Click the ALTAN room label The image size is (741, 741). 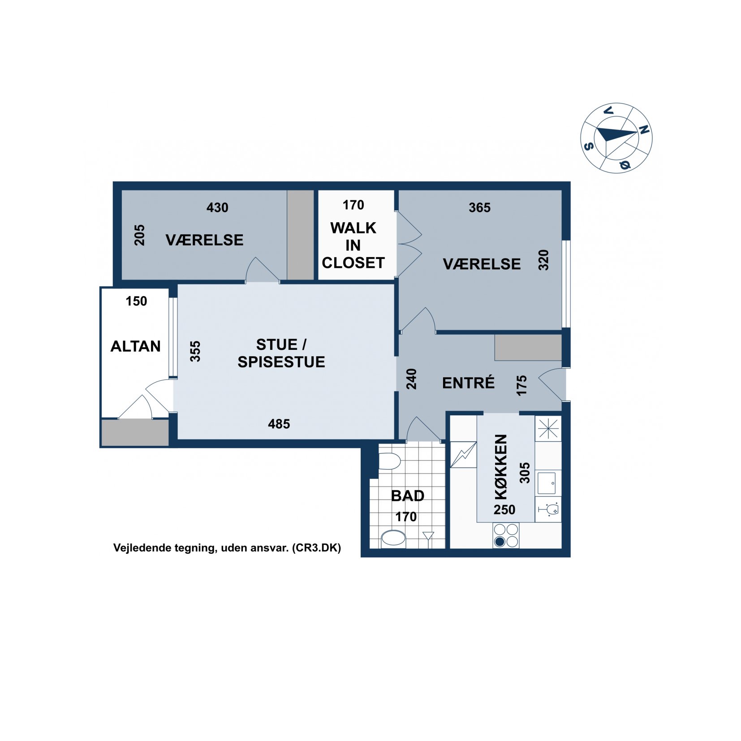(135, 346)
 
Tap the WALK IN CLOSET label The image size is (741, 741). (353, 245)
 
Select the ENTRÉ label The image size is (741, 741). (468, 383)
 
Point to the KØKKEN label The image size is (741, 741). (500, 466)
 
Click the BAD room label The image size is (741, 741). (407, 495)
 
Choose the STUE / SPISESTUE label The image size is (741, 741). (281, 353)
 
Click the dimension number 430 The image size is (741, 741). (217, 207)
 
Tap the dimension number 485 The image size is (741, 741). (279, 424)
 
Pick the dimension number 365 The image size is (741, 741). (479, 207)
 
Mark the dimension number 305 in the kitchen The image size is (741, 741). (524, 473)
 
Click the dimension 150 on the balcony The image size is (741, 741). (136, 301)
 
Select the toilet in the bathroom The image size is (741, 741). (389, 461)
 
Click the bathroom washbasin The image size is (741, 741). (393, 538)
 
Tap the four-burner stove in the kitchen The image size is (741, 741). (506, 535)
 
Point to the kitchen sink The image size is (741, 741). (546, 483)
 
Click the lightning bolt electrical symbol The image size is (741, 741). (463, 455)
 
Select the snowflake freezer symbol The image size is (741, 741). (548, 429)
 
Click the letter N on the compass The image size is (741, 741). (643, 129)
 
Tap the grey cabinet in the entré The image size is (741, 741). (528, 347)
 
